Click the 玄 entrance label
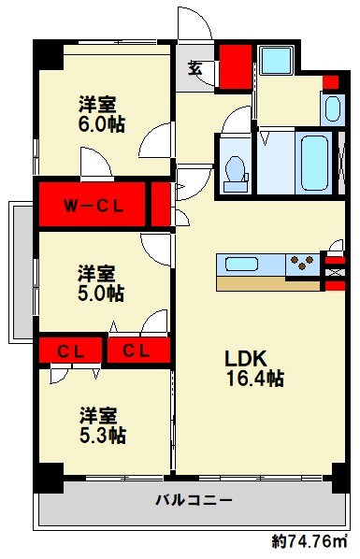(195, 68)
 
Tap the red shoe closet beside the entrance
(234, 65)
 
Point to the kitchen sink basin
(243, 263)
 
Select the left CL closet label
(67, 351)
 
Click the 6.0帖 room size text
(101, 123)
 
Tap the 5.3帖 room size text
(101, 435)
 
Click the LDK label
(247, 357)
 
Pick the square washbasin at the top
(277, 61)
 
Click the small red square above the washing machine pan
(329, 81)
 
